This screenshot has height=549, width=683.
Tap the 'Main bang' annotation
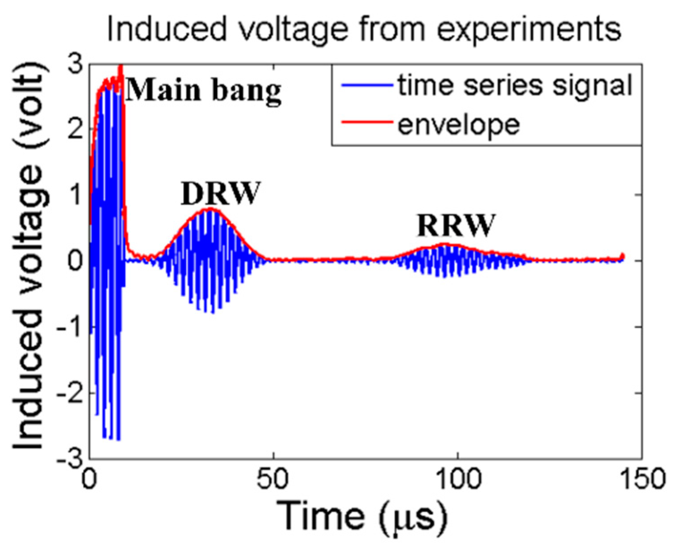point(204,91)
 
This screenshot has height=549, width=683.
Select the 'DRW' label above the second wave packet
point(221,193)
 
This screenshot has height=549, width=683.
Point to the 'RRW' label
point(456,226)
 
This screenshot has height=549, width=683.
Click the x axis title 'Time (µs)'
point(362,516)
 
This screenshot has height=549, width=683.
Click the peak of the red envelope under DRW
point(210,209)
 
